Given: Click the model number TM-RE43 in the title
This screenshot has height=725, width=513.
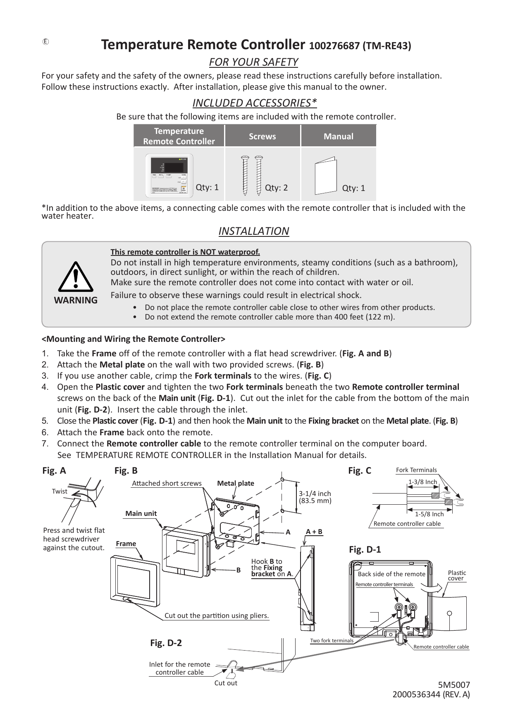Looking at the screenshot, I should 387,45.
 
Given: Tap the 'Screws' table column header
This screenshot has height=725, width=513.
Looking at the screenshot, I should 262,136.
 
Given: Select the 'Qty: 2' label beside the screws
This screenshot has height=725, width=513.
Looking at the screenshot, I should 276,188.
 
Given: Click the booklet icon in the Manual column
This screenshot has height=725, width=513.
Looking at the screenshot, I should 326,176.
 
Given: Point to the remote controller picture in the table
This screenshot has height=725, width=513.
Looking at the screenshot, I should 169,175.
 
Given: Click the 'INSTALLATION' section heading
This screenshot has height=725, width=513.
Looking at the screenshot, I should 253,231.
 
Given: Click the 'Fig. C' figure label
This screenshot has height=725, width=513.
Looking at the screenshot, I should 359,470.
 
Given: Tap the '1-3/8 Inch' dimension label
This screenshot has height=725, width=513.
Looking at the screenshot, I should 422,482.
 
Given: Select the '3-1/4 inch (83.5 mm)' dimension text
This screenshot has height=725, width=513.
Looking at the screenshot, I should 315,497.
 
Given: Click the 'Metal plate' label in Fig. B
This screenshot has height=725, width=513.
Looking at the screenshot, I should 236,483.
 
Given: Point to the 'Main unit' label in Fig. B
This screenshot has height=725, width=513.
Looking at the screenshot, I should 141,513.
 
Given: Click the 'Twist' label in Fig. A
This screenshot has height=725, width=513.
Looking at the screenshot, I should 60,491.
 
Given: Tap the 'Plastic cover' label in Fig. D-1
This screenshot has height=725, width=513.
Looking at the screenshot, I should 457,575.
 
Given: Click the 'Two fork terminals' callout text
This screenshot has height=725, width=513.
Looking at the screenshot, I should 332,641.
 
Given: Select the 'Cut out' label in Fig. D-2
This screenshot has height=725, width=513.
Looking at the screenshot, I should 226,683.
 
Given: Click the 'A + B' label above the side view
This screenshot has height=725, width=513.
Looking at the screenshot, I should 314,532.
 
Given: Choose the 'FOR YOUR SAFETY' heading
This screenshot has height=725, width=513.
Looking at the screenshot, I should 253,62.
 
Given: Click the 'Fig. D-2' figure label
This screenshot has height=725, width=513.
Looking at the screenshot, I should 166,643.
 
